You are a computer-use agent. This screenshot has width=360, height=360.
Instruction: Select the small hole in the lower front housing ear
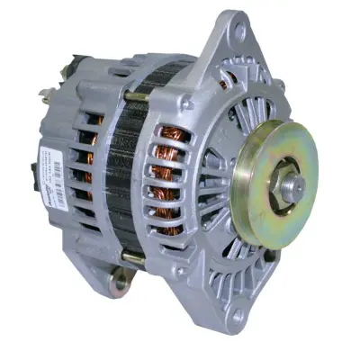(237, 317)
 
